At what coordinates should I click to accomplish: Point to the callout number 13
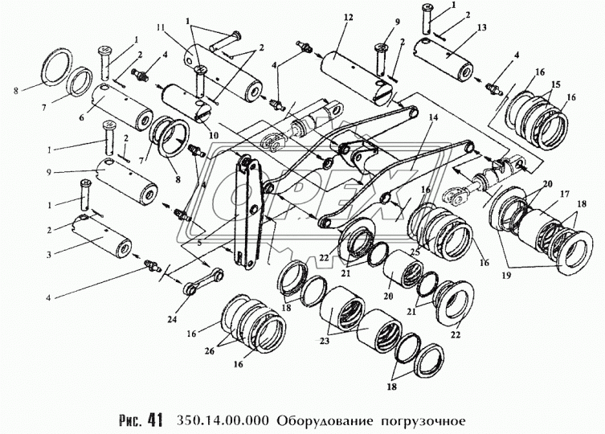click(481, 27)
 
